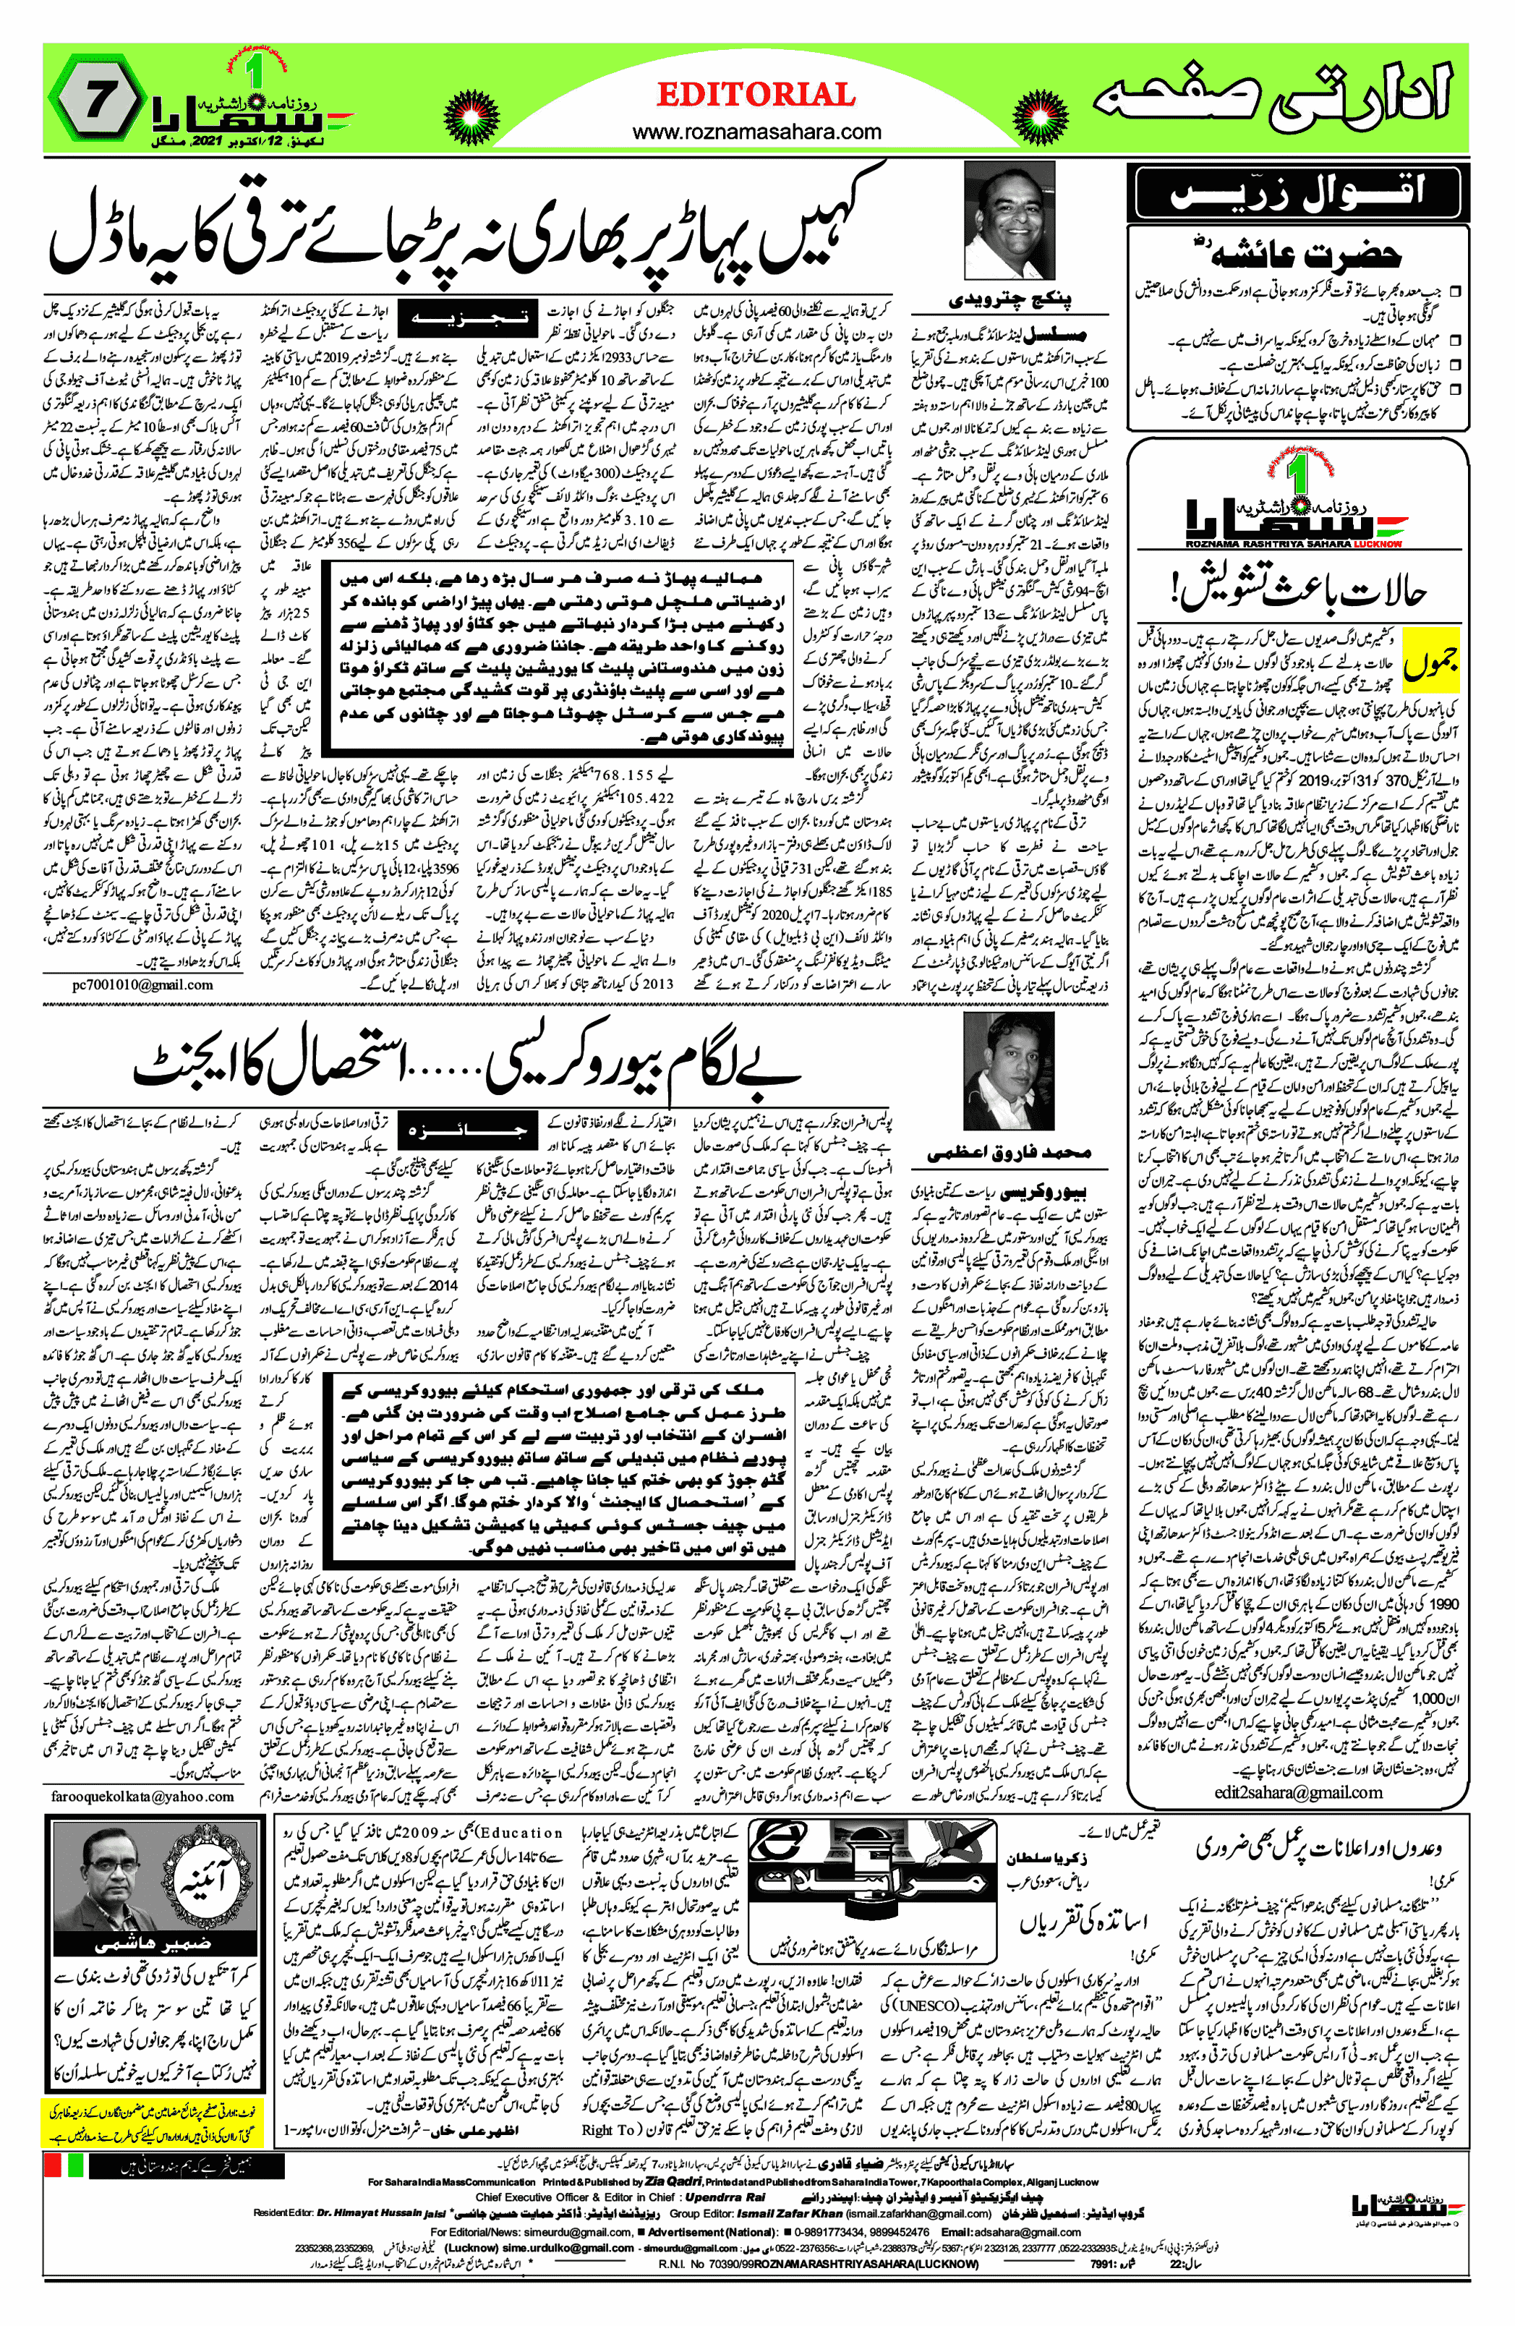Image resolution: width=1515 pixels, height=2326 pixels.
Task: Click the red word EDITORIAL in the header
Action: pyautogui.click(x=756, y=95)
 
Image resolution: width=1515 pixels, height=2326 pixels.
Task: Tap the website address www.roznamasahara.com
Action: pyautogui.click(x=756, y=132)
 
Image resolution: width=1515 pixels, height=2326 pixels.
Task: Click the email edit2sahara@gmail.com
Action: pyautogui.click(x=1298, y=1792)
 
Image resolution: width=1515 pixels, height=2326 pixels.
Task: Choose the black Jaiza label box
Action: pyautogui.click(x=467, y=1130)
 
